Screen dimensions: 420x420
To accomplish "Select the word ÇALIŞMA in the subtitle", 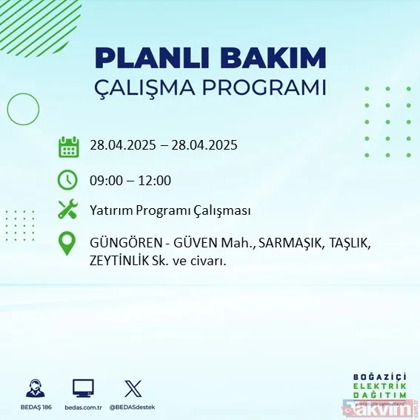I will (x=152, y=88).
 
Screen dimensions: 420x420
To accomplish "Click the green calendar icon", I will (x=68, y=146).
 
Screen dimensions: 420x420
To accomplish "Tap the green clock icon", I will (x=68, y=180).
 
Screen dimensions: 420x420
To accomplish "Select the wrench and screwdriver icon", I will (x=68, y=210).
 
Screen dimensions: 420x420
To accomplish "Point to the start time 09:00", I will (x=105, y=180).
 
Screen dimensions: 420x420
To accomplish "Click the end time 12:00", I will (x=155, y=180).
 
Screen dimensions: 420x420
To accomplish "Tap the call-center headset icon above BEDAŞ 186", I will (x=34, y=387).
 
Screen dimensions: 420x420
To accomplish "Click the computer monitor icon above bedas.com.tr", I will (x=83, y=387).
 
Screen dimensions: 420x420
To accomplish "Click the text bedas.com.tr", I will (x=83, y=407).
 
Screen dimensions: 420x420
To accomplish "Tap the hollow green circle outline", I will (x=23, y=109).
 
